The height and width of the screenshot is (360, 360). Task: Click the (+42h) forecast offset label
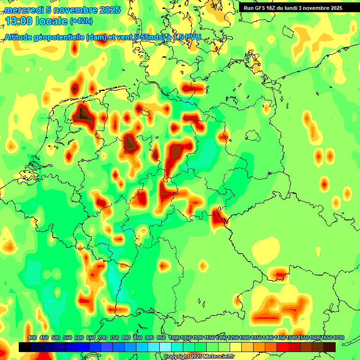tap(81, 21)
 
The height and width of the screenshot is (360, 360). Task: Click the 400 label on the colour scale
tap(32, 337)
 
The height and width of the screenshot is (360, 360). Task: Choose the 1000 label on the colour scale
tap(174, 337)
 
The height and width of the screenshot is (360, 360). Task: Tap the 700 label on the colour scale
tap(103, 337)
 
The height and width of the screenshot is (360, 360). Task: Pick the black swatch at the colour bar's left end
tap(25, 347)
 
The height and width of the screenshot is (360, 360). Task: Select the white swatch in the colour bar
tap(165, 347)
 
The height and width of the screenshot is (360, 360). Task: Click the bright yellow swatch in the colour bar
tap(236, 347)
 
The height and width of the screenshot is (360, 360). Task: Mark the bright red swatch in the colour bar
tap(283, 347)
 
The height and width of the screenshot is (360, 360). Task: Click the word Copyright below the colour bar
tap(176, 356)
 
